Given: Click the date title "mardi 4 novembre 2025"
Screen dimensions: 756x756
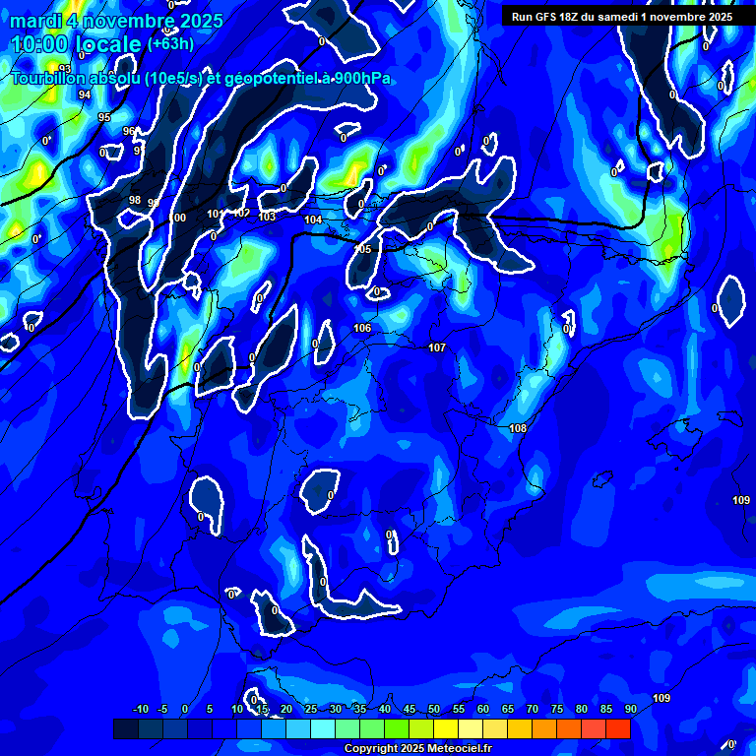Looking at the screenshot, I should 116,20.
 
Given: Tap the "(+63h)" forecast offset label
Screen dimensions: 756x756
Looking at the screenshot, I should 170,43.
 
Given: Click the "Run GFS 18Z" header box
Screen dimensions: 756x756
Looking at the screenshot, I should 622,16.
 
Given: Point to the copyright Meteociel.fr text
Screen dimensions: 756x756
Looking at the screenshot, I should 418,748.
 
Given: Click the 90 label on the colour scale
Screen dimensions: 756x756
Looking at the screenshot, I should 630,709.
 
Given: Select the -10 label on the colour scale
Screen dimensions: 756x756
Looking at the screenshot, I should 140,709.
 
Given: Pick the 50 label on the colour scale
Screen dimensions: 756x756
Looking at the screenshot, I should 434,709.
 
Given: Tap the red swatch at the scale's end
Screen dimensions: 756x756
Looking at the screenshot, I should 617,728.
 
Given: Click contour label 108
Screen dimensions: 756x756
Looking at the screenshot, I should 518,428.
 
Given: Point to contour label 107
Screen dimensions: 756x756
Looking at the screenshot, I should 437,347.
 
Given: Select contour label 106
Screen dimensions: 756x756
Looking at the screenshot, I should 362,328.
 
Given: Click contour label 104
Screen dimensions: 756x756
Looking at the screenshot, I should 313,220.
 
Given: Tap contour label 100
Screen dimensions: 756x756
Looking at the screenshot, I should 178,218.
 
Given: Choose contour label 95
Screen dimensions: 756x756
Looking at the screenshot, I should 104,117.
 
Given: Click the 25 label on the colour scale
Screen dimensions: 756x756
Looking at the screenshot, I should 311,709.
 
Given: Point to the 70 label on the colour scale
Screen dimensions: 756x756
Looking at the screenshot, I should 533,709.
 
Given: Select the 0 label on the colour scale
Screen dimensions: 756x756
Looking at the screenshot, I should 185,709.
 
